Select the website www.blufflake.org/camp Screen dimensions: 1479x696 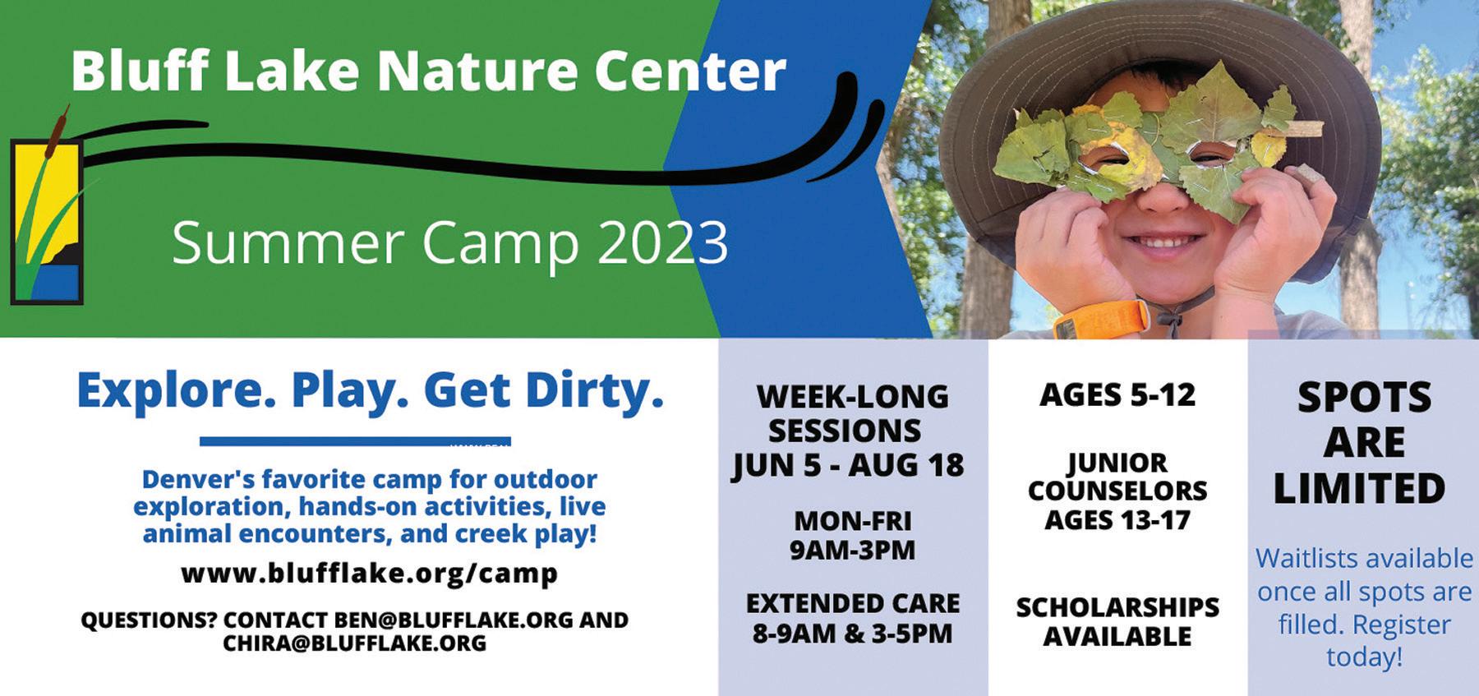click(369, 573)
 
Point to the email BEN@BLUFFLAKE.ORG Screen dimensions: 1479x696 click(453, 620)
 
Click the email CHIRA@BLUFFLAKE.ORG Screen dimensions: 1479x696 click(354, 643)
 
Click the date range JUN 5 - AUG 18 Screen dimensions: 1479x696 click(848, 465)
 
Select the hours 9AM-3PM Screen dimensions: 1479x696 click(852, 550)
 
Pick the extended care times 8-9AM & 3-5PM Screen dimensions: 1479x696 click(852, 634)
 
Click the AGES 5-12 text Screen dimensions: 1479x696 click(1117, 395)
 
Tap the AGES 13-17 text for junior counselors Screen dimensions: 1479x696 click(1117, 520)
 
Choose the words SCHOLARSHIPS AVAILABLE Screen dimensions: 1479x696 click(1117, 621)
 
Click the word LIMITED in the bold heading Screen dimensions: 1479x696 click(1359, 488)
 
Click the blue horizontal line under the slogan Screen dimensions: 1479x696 click(355, 442)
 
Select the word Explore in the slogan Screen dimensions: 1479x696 click(177, 393)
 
